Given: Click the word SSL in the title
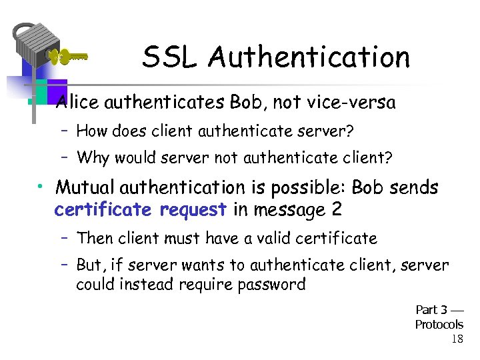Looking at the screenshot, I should [x=169, y=58].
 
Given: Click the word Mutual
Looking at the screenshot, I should [x=83, y=188].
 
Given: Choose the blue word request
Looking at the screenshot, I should [x=194, y=209].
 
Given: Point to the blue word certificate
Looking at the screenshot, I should [x=103, y=209].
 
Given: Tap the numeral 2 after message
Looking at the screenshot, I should [x=337, y=209].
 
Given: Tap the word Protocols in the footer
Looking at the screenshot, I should [x=439, y=325].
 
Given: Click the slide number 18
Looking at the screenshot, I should [x=457, y=339].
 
